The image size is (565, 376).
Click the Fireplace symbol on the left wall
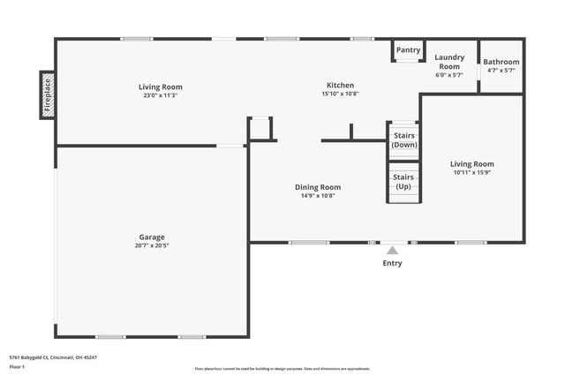click(48, 95)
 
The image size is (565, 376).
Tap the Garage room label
click(152, 237)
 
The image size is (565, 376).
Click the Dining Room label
click(318, 187)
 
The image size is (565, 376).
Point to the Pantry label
click(408, 50)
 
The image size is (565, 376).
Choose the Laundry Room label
click(449, 62)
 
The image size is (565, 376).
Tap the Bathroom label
click(501, 62)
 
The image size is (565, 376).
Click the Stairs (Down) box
click(404, 139)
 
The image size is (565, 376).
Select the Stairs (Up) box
click(403, 182)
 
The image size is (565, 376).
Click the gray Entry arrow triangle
click(392, 251)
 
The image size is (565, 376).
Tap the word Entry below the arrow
click(392, 263)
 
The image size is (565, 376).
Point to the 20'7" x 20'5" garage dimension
click(152, 245)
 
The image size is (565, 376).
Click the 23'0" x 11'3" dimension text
click(161, 95)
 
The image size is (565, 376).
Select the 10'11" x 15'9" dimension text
click(472, 173)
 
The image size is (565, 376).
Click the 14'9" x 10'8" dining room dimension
click(318, 196)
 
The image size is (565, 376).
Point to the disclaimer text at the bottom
click(282, 369)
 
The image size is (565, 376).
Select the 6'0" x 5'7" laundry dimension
click(449, 75)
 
